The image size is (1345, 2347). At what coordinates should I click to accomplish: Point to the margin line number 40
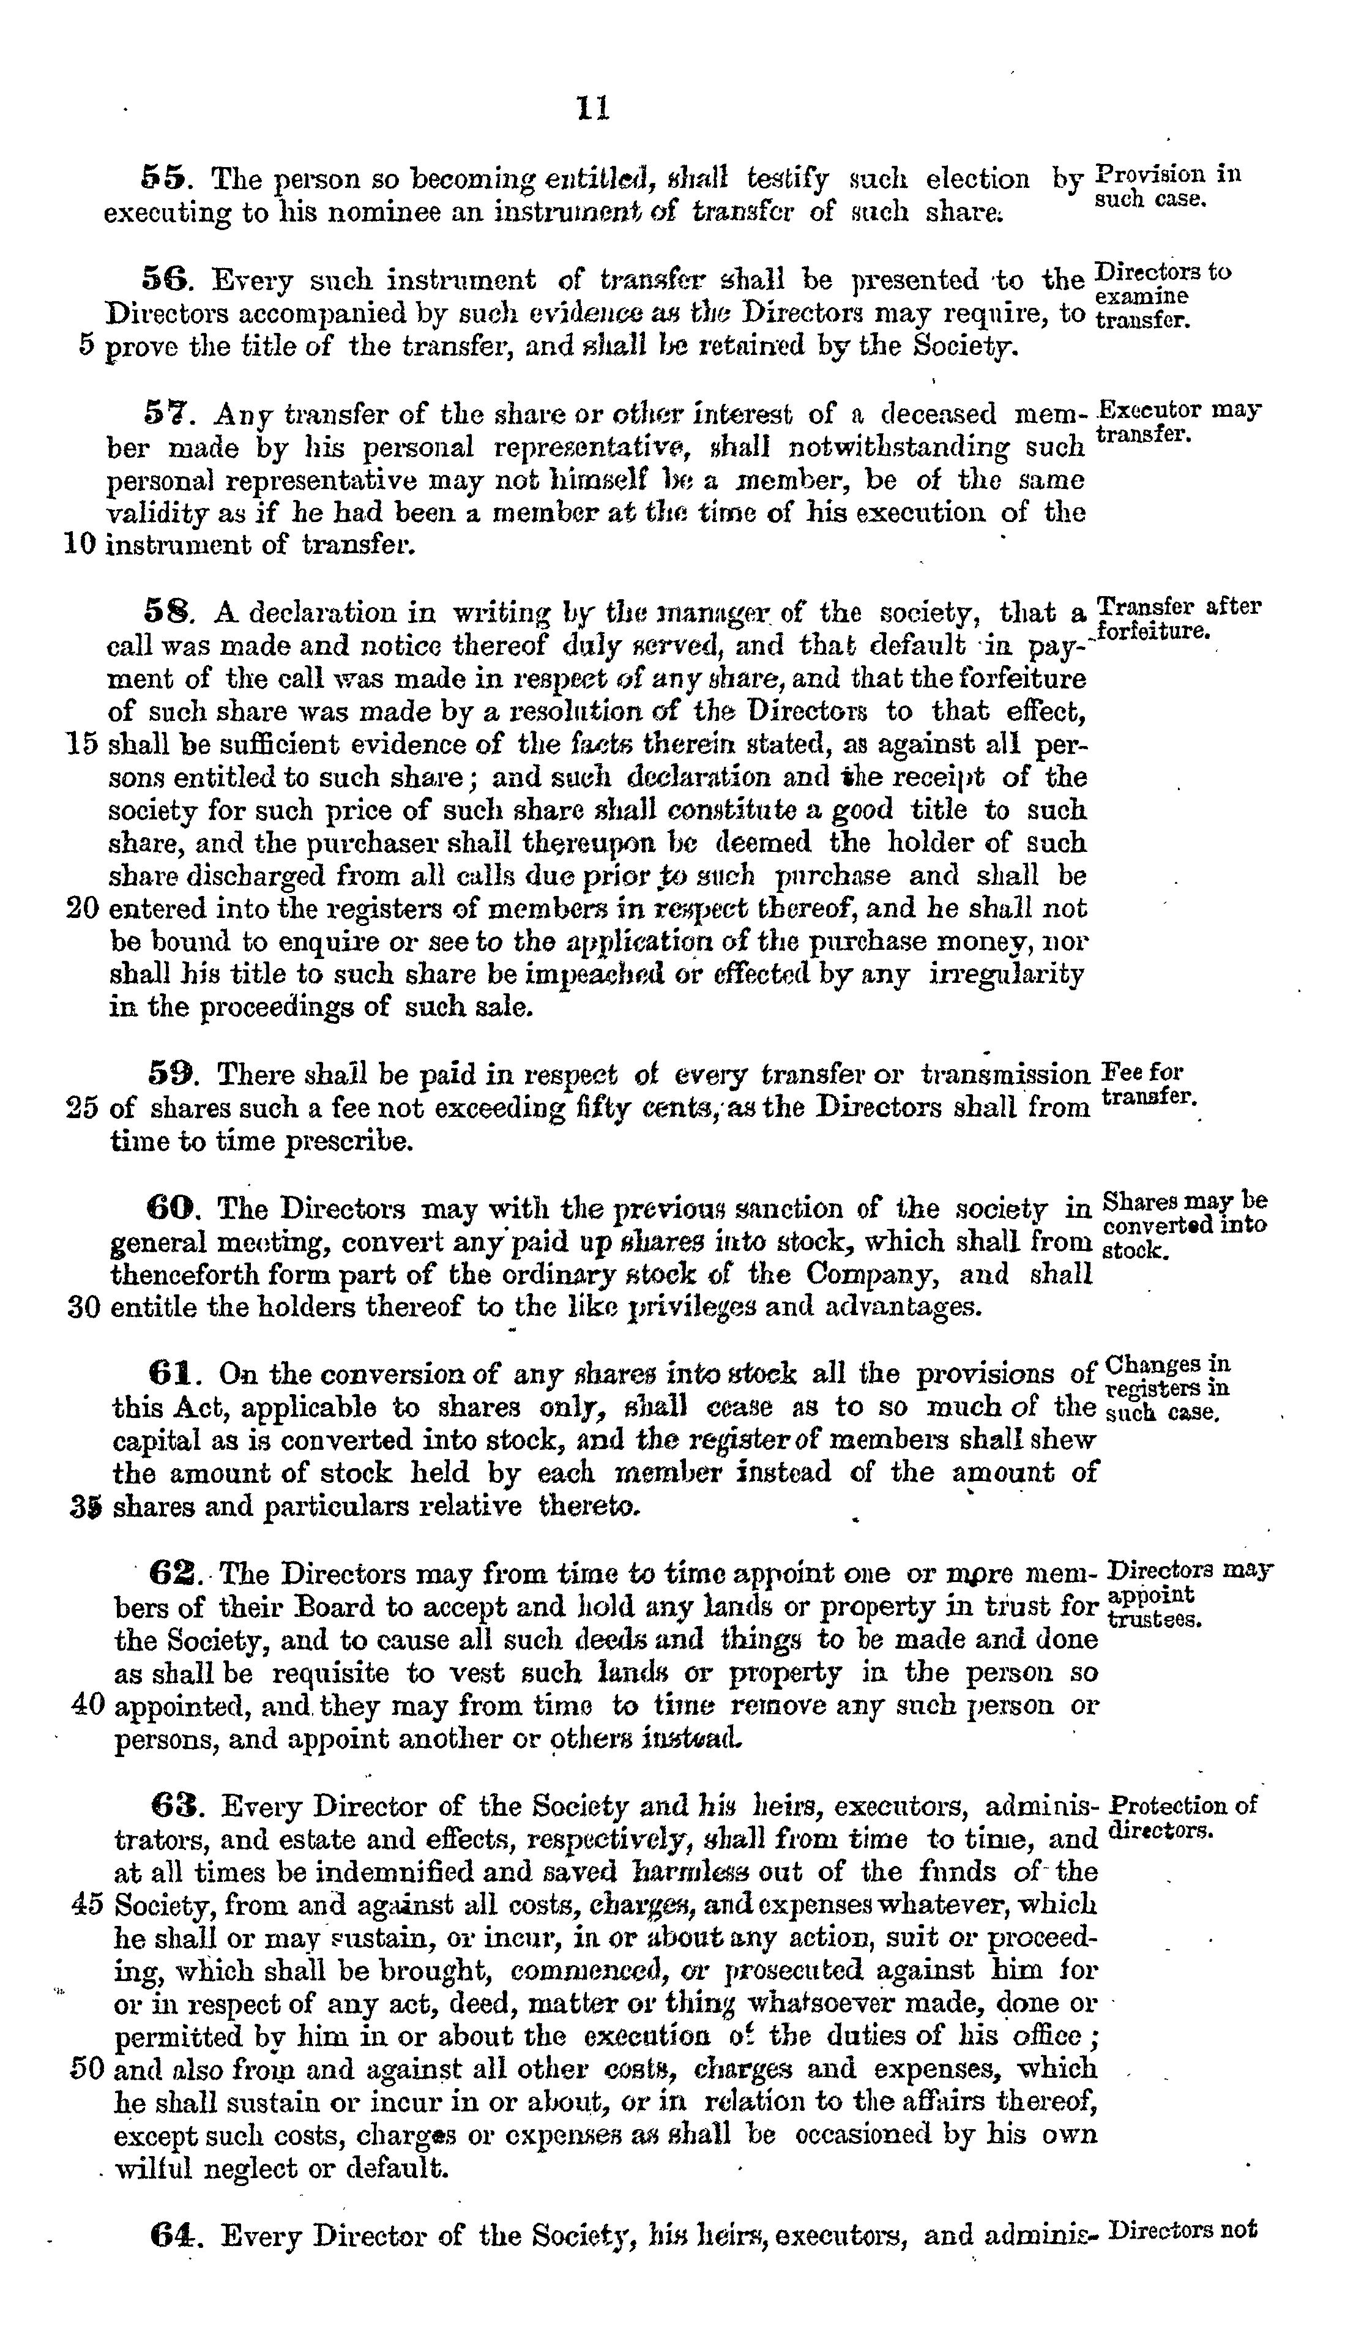point(88,1704)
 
